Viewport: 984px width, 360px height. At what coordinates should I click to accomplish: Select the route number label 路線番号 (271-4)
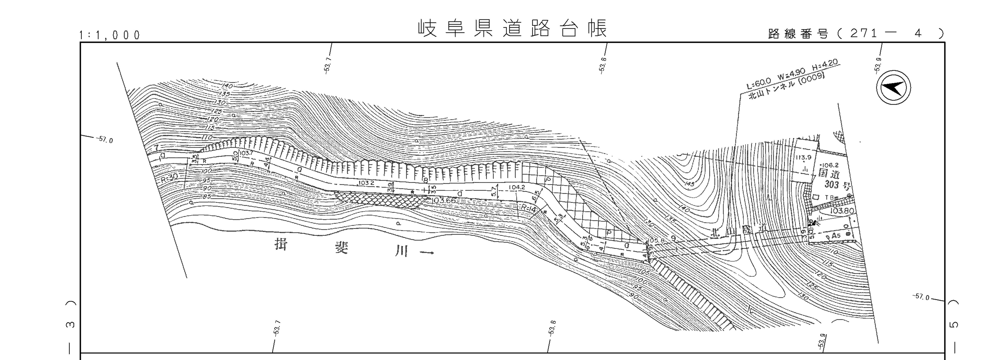[856, 34]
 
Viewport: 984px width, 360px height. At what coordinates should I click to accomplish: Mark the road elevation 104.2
[517, 188]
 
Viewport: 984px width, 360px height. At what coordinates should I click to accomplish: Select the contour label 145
[690, 184]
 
